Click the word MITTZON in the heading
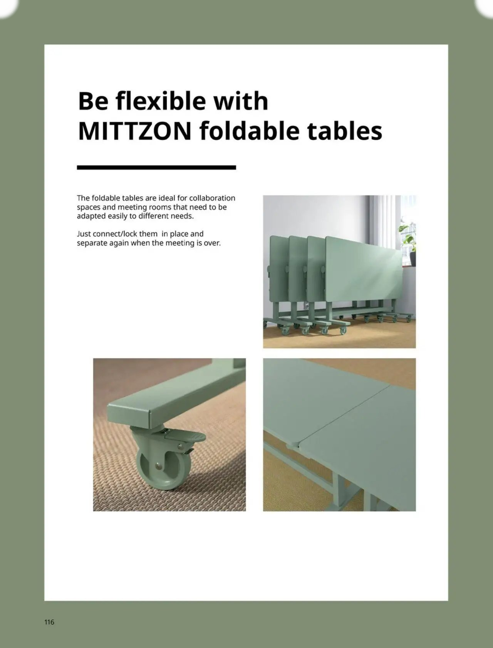(134, 131)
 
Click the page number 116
(49, 622)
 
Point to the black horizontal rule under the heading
(156, 168)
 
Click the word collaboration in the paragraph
(212, 198)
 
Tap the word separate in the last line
(91, 243)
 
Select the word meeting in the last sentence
(178, 243)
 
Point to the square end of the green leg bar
(129, 416)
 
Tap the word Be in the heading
(92, 101)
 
